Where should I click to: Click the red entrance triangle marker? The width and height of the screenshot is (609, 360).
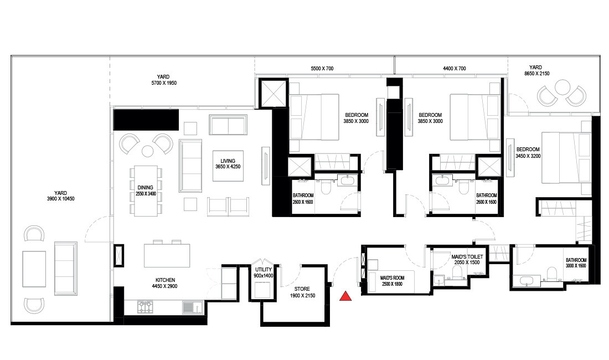tap(345, 296)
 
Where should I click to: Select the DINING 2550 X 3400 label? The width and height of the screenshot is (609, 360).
tap(147, 191)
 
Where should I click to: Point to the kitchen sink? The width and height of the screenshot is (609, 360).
tap(190, 306)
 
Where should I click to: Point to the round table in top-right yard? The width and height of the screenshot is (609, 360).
tap(562, 86)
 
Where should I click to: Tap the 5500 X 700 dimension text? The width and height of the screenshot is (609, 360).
tap(322, 69)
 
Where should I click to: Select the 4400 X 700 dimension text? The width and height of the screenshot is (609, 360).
tap(455, 69)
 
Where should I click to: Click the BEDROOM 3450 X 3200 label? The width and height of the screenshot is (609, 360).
tap(528, 153)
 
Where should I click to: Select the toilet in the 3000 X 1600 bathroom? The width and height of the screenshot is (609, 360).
tap(550, 272)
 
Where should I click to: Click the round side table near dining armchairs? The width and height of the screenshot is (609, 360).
tap(147, 151)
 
